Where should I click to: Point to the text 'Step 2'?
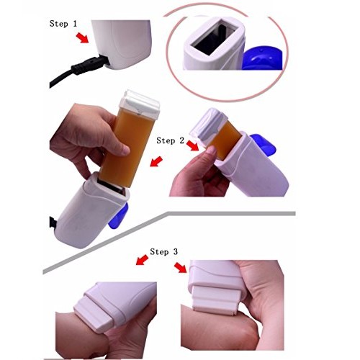click(x=171, y=140)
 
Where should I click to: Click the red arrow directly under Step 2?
click(x=193, y=148)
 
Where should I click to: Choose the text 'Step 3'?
click(x=164, y=252)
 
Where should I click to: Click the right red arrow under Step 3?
click(x=180, y=269)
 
